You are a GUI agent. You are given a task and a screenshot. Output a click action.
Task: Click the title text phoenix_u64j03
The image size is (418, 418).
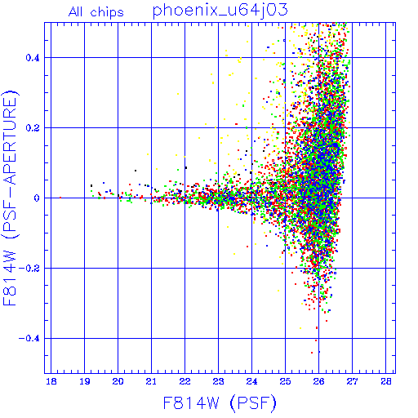pos(220,11)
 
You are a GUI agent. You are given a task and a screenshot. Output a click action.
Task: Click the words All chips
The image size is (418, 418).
pos(96,12)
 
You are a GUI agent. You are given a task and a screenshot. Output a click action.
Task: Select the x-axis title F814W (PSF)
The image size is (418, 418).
pos(220,403)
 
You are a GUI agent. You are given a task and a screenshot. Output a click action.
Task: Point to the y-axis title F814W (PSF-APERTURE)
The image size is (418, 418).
pos(11,198)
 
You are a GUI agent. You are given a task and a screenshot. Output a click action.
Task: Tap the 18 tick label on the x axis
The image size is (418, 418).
pos(51,381)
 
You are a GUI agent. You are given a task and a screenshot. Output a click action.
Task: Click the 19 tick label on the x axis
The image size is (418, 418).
pos(85,381)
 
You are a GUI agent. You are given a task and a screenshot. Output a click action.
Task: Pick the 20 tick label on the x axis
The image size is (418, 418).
pos(118,381)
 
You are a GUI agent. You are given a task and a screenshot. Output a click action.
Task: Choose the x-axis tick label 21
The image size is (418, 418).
pos(151,381)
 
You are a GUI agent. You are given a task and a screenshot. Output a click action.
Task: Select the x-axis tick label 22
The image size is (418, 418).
pos(185,381)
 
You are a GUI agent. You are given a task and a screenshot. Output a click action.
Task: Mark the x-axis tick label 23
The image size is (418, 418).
pos(218,381)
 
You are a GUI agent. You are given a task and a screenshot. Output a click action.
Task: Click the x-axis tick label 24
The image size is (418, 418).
pos(251,381)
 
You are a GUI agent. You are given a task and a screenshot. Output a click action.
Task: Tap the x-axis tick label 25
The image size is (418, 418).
pos(285,381)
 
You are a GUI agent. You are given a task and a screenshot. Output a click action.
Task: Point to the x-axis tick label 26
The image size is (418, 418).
pos(318,381)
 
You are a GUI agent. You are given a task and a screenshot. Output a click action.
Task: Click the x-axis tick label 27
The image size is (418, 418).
pos(352,381)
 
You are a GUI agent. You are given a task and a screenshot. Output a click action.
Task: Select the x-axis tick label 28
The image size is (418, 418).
pos(386,381)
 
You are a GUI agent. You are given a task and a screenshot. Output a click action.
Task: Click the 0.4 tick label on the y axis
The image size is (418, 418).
pos(33,58)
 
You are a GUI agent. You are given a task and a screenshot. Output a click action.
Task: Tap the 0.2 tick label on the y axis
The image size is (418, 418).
pos(33,128)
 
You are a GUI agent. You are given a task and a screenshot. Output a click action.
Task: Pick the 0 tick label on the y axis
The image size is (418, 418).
pos(37,198)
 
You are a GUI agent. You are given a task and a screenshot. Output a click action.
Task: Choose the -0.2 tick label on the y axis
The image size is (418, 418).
pos(29,269)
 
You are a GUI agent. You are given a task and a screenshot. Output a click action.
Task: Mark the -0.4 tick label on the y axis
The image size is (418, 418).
pos(29,339)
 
